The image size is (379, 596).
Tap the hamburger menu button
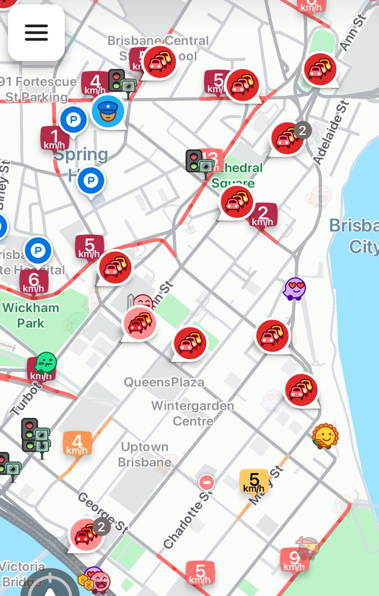36,33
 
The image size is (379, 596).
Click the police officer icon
108,111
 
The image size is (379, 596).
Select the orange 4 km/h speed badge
77,443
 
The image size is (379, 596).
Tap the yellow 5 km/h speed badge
254,481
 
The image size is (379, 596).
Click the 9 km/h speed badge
293,560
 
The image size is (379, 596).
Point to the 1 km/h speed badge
54,138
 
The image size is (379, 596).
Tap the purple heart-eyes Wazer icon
294,288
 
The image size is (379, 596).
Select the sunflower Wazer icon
325,436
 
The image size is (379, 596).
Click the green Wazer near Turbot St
46,363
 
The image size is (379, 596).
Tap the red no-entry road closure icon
206,482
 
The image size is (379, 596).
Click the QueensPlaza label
164,382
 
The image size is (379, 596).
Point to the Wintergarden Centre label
192,413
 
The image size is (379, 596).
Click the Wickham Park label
31,315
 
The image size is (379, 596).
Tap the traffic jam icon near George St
87,534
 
